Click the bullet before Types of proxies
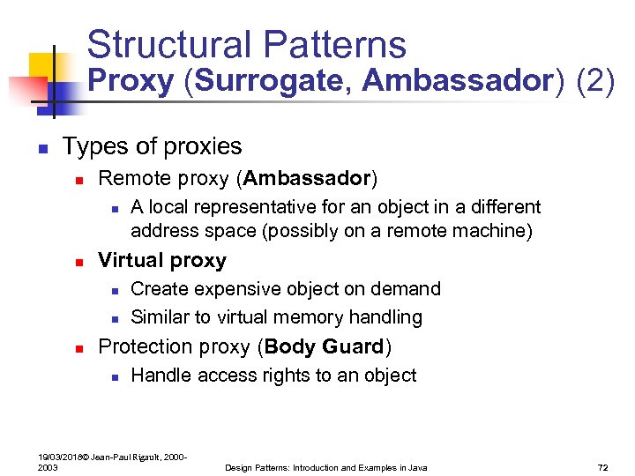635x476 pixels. (41, 147)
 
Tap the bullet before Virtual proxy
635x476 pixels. (78, 262)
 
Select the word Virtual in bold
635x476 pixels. (130, 261)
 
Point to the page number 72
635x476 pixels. (604, 467)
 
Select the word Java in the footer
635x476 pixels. (417, 467)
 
